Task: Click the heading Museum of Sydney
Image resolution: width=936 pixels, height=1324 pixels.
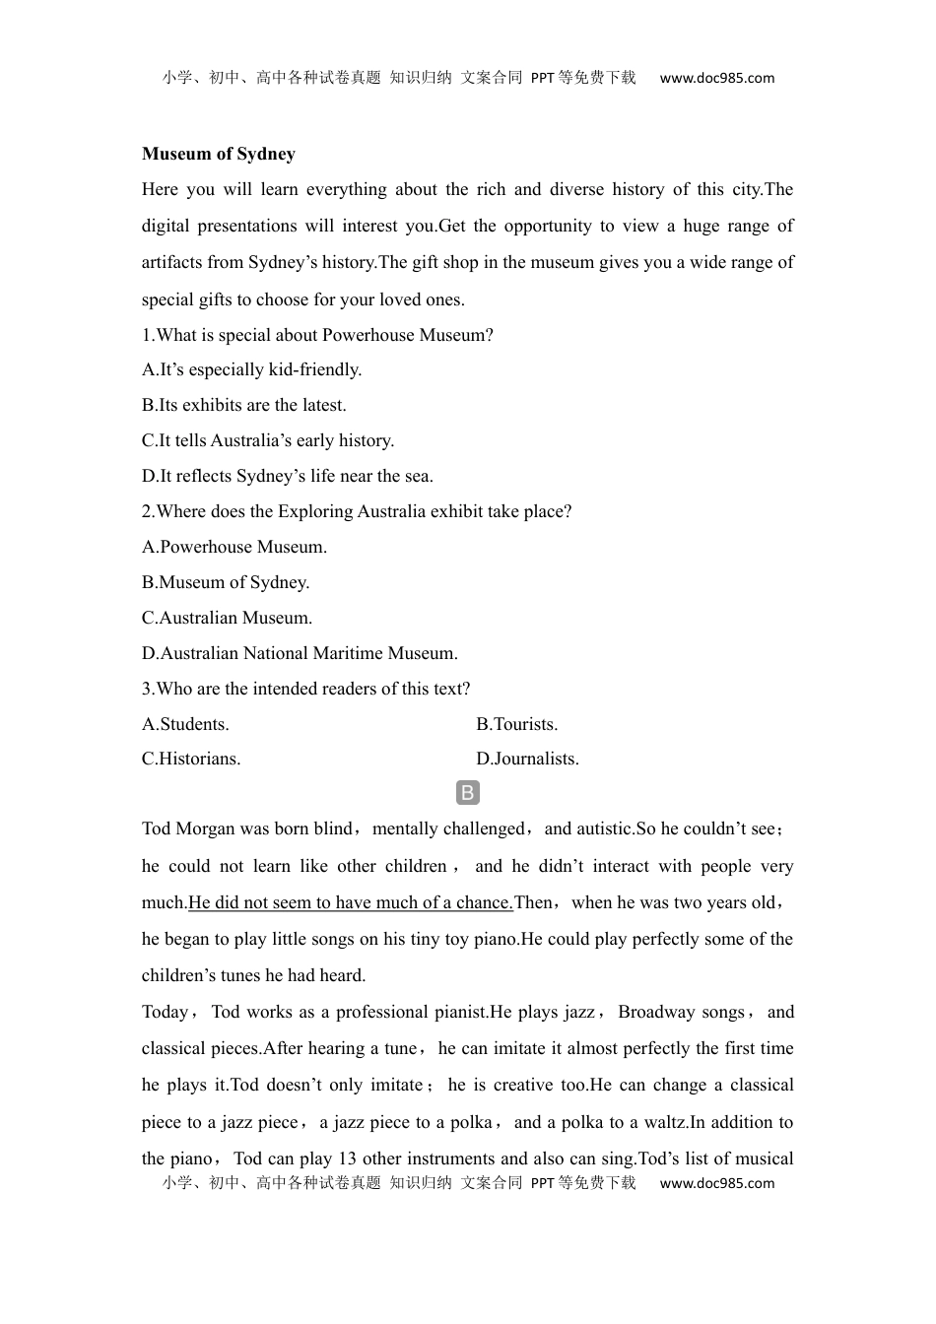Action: (x=218, y=154)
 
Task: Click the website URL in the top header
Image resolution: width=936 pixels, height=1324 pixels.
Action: (x=716, y=78)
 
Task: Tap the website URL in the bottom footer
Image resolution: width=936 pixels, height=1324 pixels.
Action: (x=716, y=1183)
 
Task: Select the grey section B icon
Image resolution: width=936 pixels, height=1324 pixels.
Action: (x=468, y=793)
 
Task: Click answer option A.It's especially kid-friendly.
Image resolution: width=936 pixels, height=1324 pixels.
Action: (x=251, y=369)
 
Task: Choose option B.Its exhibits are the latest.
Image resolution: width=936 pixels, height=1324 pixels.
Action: (x=243, y=405)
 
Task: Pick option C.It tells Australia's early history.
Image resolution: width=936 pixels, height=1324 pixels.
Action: (x=267, y=440)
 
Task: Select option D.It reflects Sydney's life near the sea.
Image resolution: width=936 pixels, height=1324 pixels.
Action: (x=287, y=476)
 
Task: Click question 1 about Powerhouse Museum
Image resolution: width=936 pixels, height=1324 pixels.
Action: (x=317, y=335)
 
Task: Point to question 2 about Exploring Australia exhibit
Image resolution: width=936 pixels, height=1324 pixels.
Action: (x=357, y=511)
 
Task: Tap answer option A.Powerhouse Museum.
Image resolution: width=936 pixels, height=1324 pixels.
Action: (x=234, y=547)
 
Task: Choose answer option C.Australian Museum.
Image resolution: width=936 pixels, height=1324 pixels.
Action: (x=227, y=618)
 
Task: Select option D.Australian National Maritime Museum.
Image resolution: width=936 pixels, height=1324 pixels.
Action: (x=300, y=653)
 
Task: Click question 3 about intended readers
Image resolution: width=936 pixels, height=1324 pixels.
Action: (x=305, y=689)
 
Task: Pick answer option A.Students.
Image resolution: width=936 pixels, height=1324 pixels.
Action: (x=185, y=724)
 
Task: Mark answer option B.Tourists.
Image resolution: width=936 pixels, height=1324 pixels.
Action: (x=516, y=724)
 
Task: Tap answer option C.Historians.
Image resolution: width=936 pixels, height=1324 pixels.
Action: (x=191, y=759)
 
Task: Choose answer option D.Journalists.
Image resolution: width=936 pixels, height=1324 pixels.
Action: (x=527, y=759)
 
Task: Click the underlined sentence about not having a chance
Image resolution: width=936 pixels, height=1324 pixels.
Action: (x=351, y=902)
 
